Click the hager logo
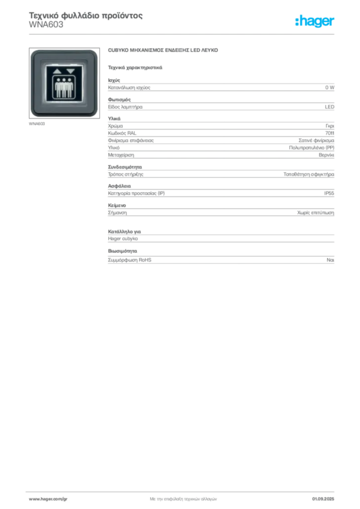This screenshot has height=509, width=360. click(314, 21)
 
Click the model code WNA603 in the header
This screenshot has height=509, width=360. click(46, 25)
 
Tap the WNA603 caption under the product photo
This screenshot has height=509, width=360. click(37, 124)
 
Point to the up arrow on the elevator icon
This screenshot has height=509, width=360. click(58, 71)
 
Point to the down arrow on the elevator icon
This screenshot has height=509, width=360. click(71, 71)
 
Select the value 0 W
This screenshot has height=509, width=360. click(330, 87)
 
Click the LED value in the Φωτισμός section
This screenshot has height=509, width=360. click(330, 107)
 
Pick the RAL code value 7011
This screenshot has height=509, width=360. click(330, 133)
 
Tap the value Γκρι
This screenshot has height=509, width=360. click(330, 126)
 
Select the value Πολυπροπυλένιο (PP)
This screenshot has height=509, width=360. click(312, 148)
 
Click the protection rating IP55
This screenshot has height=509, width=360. click(329, 193)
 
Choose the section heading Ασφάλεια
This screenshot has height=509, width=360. click(119, 186)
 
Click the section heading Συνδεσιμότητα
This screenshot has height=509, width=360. click(125, 167)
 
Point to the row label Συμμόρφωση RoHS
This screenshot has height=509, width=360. click(129, 259)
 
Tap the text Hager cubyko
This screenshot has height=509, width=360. click(123, 239)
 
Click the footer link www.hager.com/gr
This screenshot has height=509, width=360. click(48, 499)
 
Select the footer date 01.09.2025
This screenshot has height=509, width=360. click(323, 499)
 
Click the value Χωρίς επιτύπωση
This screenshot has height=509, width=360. click(316, 213)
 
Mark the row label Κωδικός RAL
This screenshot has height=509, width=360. click(122, 133)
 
